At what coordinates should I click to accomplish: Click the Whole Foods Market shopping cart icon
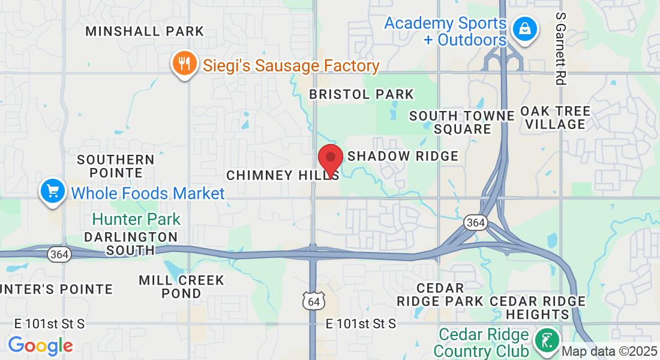pos(53,191)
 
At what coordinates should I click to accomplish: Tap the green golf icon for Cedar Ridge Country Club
pos(547,341)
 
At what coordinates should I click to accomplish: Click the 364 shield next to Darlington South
pos(59,254)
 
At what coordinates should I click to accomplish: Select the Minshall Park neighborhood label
pos(145,31)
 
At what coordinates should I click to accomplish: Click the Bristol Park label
pos(361,94)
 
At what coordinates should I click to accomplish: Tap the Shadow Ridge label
pos(403,156)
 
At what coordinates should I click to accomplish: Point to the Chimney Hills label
pos(282,175)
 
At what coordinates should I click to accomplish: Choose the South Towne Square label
pos(462,122)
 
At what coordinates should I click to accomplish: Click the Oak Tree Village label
pos(555,118)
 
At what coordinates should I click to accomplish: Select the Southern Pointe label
pos(116,166)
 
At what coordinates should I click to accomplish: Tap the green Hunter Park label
pos(136,220)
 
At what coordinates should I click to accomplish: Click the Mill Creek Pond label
pos(181,287)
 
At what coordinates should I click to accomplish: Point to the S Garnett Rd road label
pos(561,48)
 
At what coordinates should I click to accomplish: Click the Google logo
pos(40,346)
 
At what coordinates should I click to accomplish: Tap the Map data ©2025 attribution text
pos(610,351)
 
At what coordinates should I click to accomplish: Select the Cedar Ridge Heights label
pos(537,308)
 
